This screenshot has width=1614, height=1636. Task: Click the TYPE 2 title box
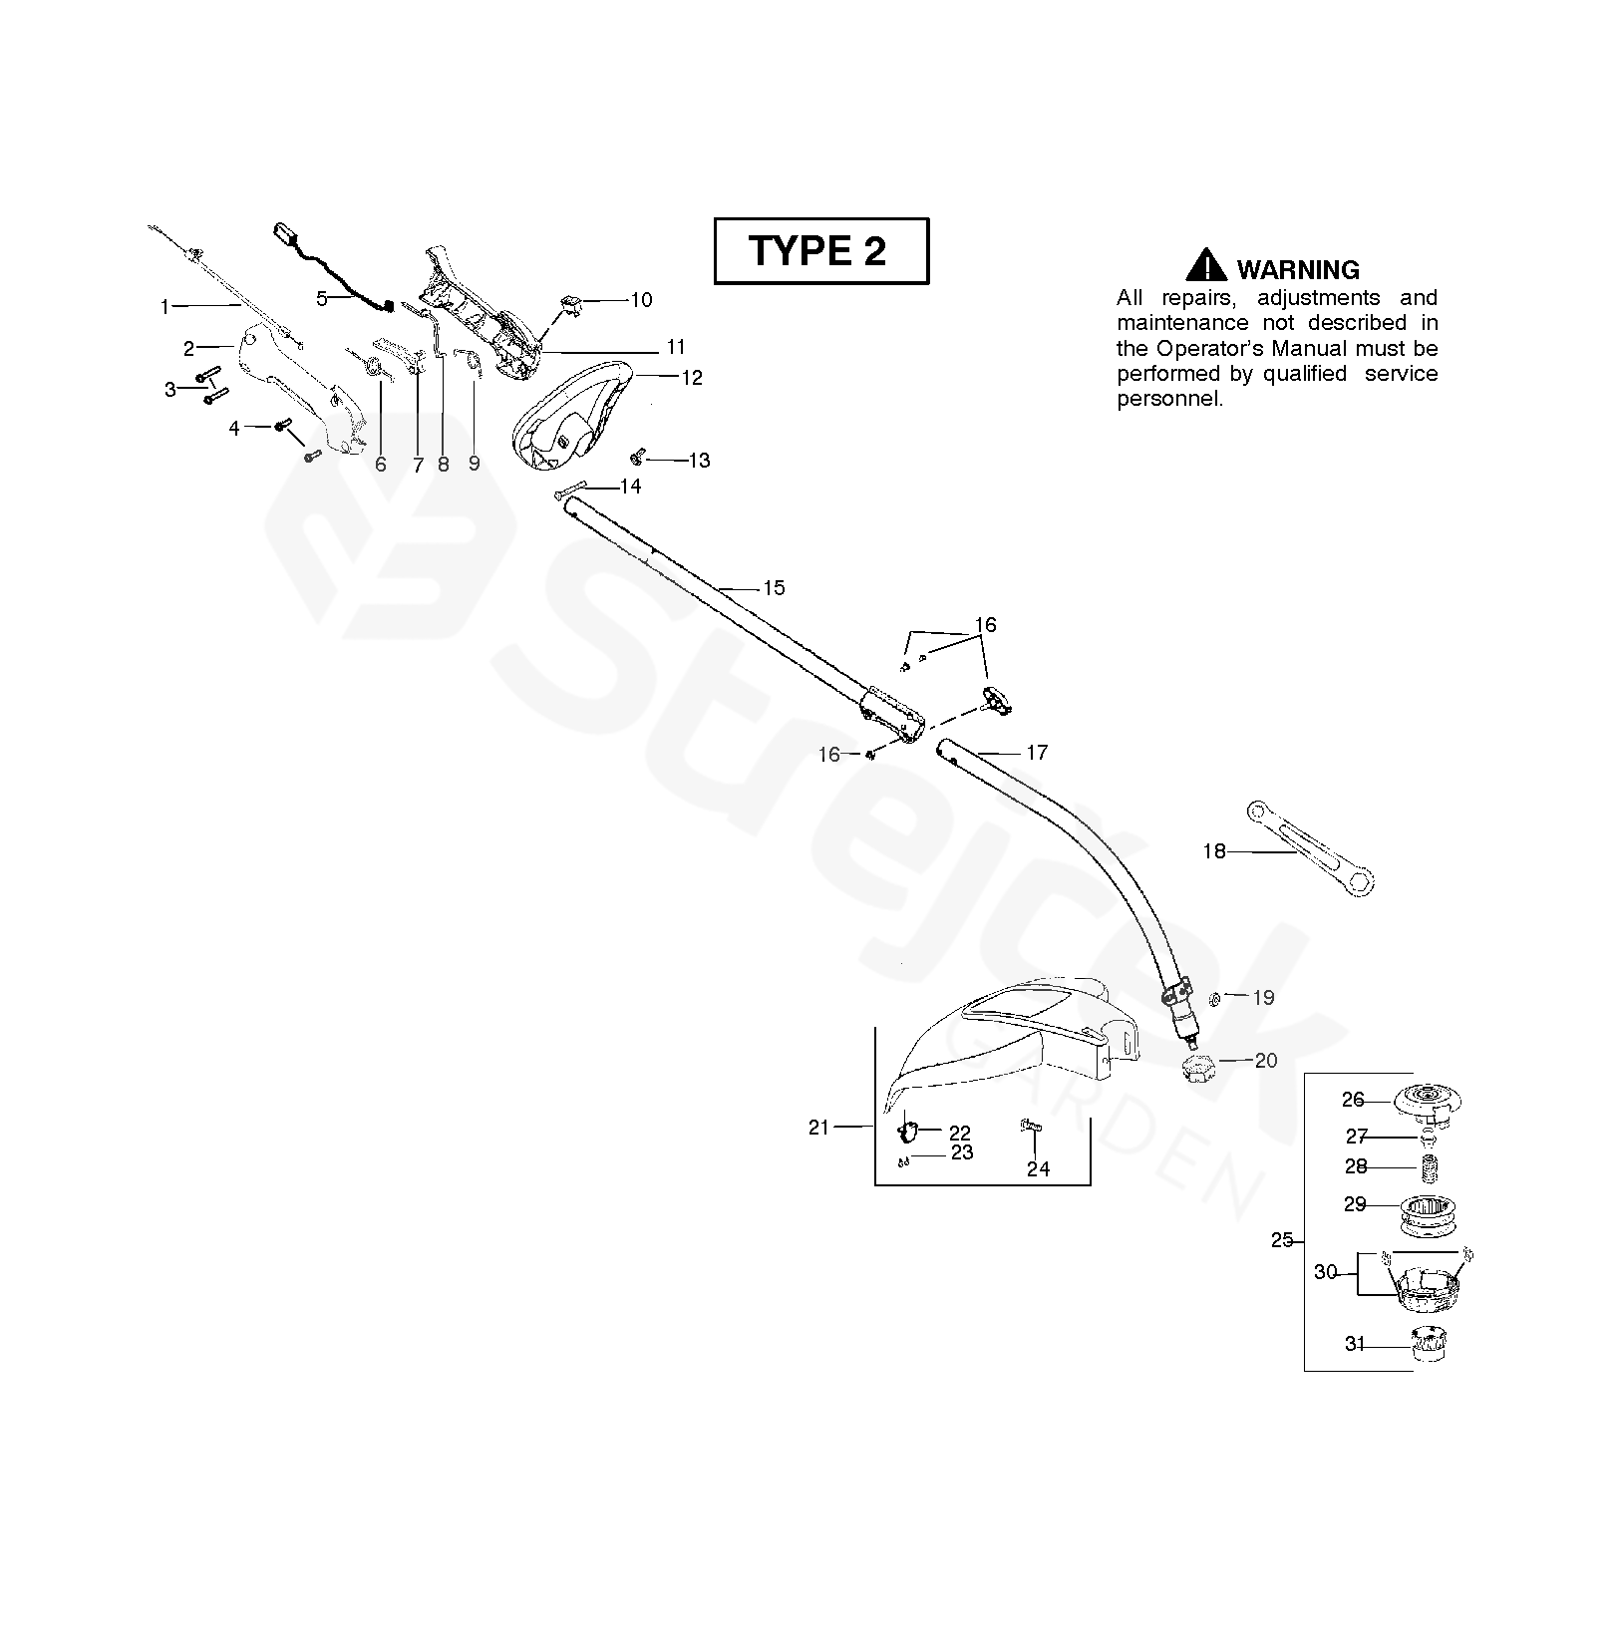(820, 251)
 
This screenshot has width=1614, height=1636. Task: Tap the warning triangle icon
(1206, 266)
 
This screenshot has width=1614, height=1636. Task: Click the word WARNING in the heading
(1297, 270)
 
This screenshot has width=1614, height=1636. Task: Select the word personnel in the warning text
(1168, 400)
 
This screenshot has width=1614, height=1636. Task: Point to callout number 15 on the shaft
(774, 588)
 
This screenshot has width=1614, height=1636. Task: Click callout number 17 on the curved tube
(1037, 753)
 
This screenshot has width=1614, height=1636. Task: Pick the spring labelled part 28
(1431, 1166)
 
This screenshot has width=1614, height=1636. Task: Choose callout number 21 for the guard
(818, 1128)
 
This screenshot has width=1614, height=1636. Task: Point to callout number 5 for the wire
(321, 298)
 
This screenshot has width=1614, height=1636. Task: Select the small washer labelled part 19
(1215, 998)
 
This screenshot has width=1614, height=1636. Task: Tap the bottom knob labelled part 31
(1430, 1344)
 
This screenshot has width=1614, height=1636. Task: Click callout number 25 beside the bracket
(1282, 1240)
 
